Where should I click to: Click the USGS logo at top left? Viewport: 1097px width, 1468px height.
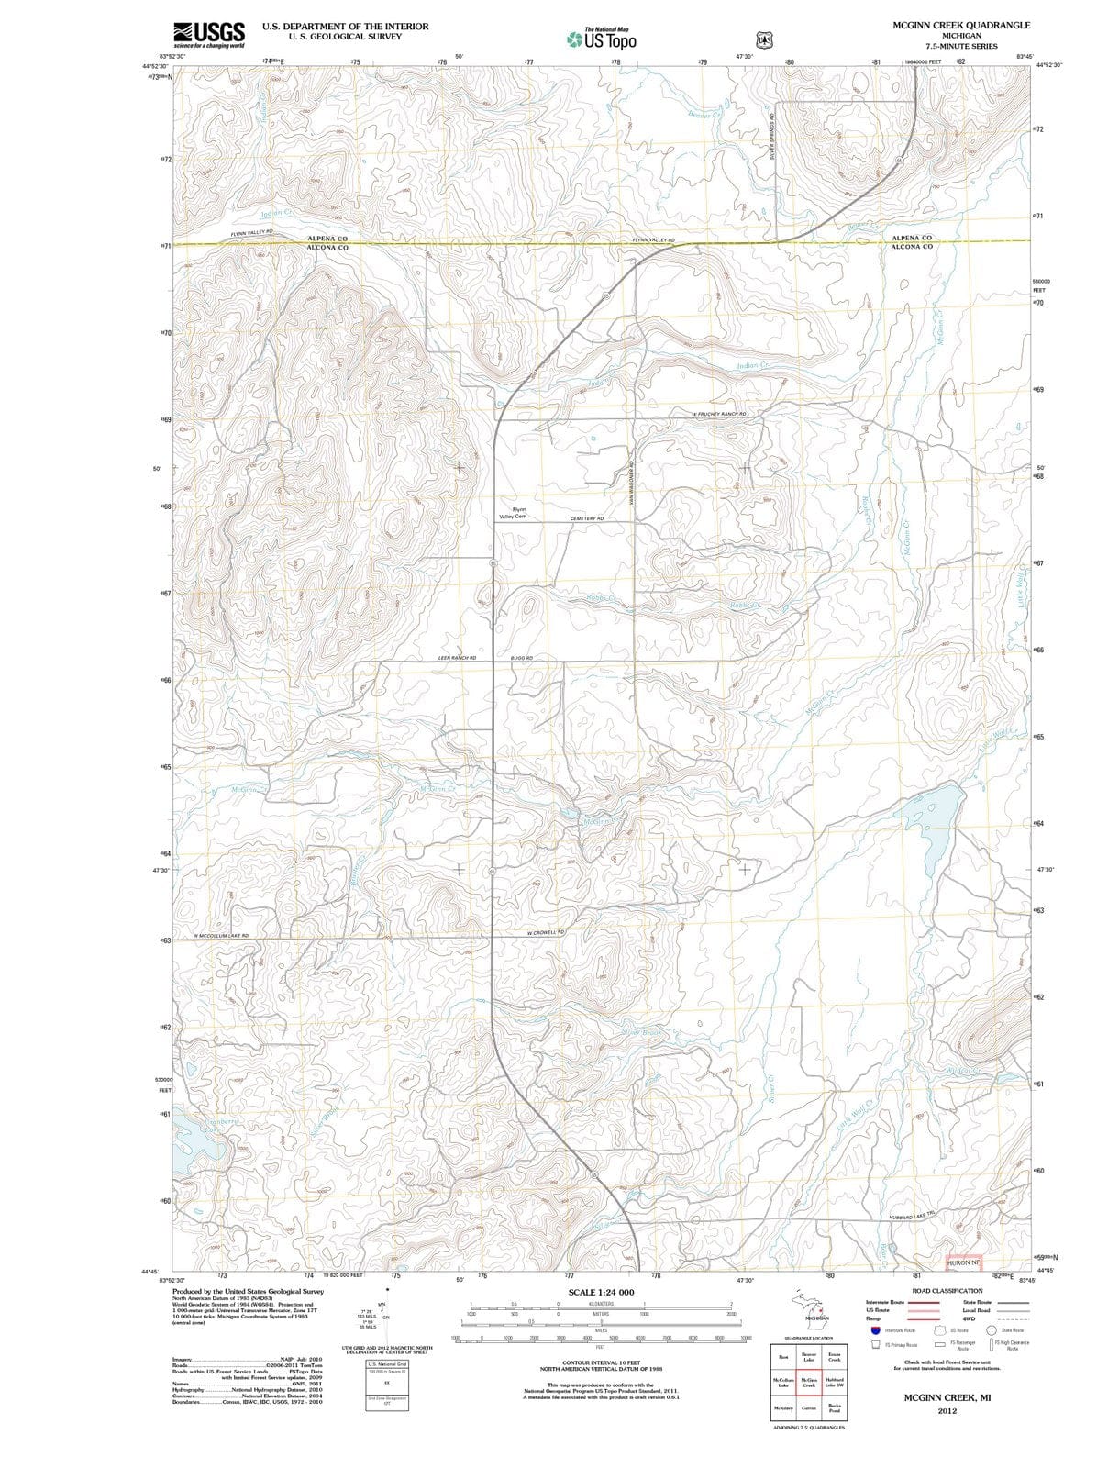click(x=208, y=34)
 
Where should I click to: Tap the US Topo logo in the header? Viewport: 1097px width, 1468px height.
click(x=602, y=39)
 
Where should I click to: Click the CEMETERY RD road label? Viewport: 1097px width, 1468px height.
click(x=587, y=518)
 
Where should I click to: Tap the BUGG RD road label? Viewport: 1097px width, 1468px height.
click(x=521, y=659)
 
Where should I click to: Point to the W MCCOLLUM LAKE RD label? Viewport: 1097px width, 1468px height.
click(x=220, y=936)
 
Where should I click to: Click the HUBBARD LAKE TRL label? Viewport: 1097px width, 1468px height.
click(x=911, y=1217)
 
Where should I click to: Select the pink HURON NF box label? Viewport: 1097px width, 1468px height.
click(x=964, y=1263)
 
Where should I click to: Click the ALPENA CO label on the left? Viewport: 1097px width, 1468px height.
click(x=327, y=238)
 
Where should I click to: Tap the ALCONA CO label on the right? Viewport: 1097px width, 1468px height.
click(x=912, y=247)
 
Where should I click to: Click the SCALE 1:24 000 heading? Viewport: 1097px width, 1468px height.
click(x=601, y=1292)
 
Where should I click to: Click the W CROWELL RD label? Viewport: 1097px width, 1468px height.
click(x=544, y=932)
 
